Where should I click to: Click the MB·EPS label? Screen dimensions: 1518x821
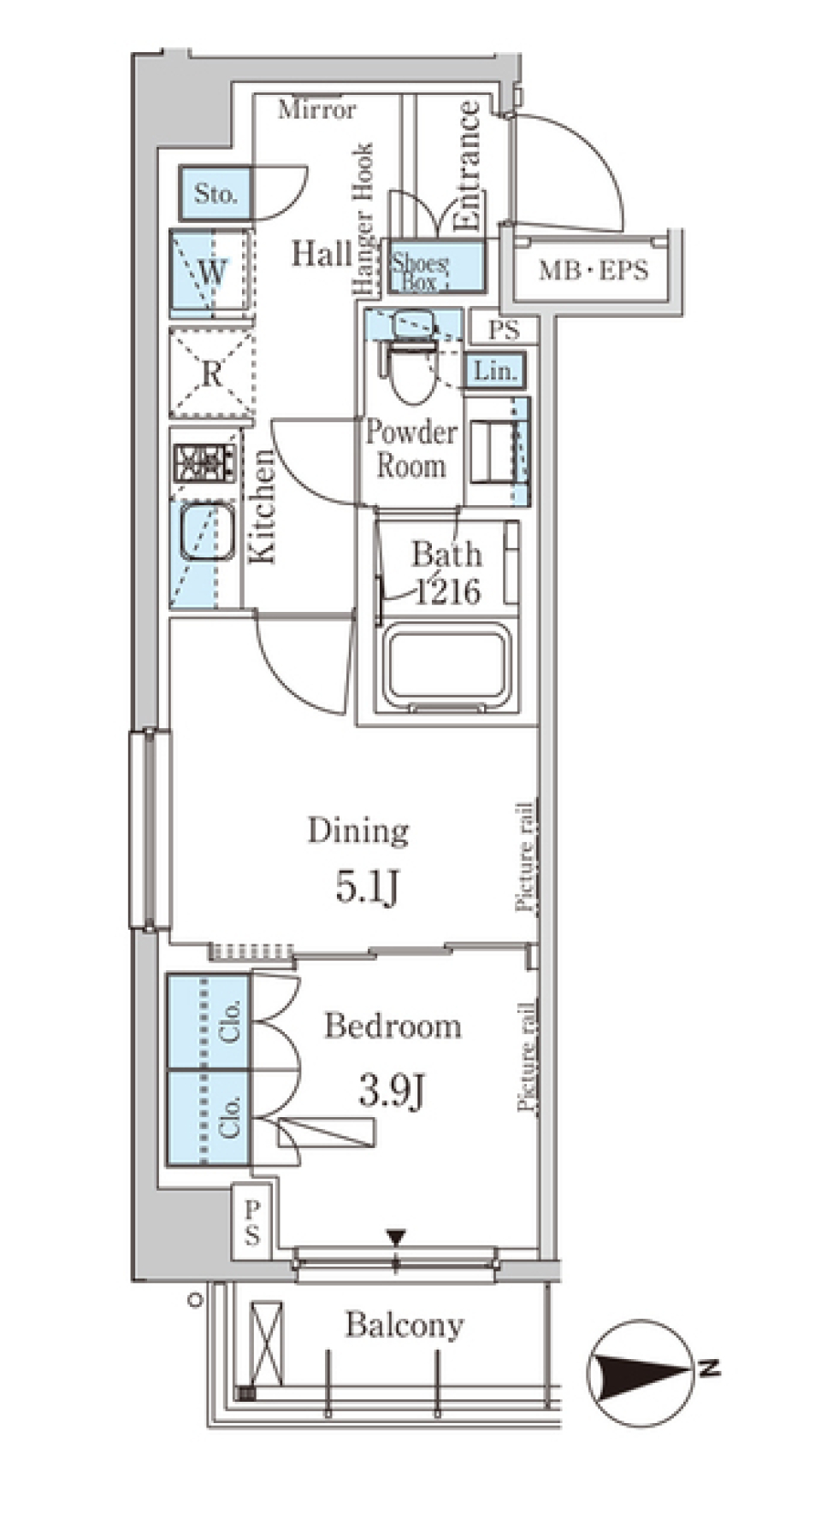(x=594, y=271)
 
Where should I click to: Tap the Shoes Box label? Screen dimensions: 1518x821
(x=419, y=272)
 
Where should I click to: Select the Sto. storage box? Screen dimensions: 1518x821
(x=215, y=193)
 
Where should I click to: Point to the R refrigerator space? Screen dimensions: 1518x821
(x=212, y=373)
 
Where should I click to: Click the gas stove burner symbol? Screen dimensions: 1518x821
(x=204, y=463)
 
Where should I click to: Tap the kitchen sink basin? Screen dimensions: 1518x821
(x=206, y=532)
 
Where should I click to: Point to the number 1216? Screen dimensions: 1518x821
(x=447, y=591)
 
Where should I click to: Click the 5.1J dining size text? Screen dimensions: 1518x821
(x=367, y=888)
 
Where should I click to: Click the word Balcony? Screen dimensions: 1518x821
(x=404, y=1326)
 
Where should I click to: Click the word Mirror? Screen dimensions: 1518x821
(x=316, y=109)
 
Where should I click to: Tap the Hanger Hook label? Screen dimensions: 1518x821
(x=363, y=220)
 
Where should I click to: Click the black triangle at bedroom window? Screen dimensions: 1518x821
(x=395, y=1237)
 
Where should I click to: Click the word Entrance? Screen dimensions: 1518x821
(x=467, y=167)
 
